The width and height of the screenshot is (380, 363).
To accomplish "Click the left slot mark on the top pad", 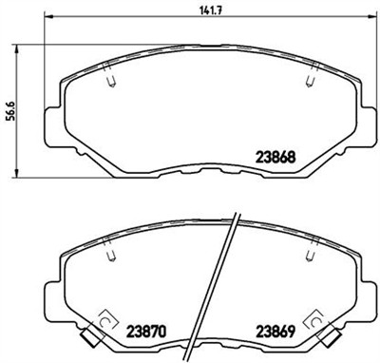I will click(x=110, y=81).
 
